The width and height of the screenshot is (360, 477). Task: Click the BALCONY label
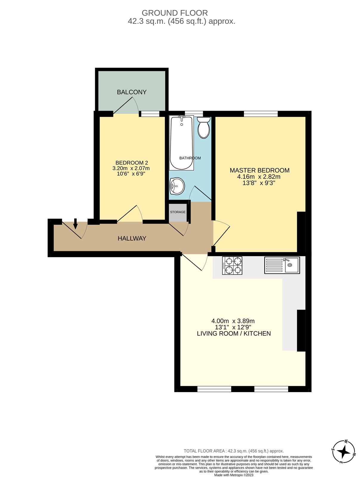132,92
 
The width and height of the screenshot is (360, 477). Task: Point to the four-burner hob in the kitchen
232,266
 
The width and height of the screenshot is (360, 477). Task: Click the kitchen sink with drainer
282,265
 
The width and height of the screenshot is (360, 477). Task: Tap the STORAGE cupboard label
178,212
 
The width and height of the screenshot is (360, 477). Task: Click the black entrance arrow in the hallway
75,224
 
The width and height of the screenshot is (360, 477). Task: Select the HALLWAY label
132,238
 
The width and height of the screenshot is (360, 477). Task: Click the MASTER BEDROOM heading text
259,171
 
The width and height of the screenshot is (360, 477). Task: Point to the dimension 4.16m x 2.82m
259,177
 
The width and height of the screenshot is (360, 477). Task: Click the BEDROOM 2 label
132,163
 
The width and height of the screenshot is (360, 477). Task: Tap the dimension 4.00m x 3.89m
233,321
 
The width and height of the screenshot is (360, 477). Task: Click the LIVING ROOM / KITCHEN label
234,334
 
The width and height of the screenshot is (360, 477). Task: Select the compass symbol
344,452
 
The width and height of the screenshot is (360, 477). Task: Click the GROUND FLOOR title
175,13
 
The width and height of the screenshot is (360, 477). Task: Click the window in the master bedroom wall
261,114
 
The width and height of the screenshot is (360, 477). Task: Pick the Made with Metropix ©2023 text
234,475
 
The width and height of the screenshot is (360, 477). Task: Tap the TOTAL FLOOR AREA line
234,451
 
